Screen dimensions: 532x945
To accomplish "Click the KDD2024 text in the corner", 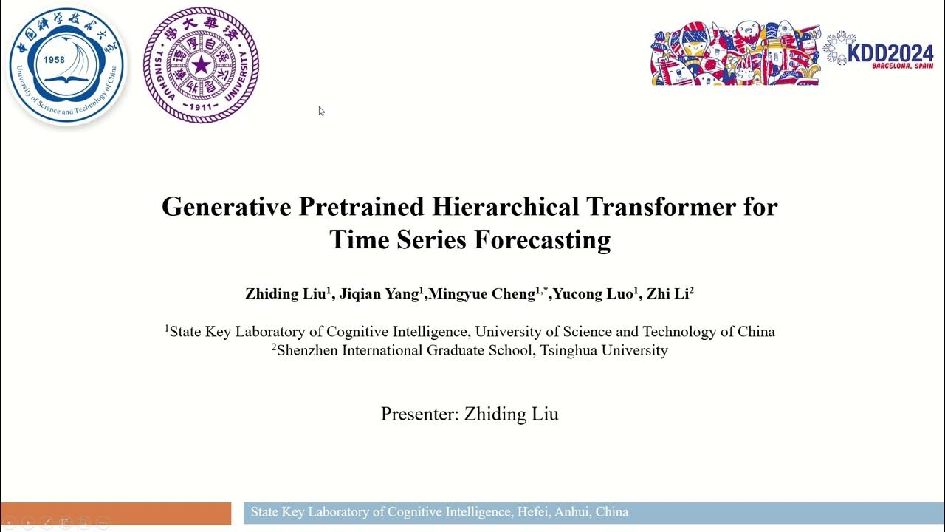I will coord(890,53).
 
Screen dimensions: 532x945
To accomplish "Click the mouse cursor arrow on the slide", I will coord(321,111).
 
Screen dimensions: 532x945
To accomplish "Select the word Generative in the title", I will coord(227,206).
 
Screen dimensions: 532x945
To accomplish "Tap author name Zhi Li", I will coord(667,293).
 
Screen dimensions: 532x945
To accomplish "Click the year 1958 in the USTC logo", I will coord(54,61).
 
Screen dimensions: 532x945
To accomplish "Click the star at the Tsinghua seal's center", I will coord(201,66).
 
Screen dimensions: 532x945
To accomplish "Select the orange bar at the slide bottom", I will coord(116,513).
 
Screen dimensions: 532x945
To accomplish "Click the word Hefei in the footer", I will coord(534,511).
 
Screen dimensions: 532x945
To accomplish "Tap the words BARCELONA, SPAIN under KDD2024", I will coord(901,66).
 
